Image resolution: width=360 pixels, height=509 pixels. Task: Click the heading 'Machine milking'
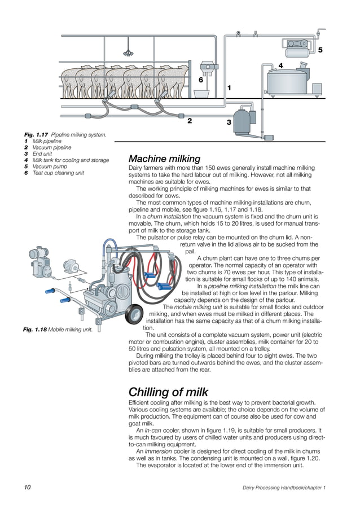[x=164, y=159]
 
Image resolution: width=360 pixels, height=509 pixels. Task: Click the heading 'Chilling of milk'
[x=168, y=392]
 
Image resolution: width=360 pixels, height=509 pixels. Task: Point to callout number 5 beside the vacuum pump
[x=320, y=50]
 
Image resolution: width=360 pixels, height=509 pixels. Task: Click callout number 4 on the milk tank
[x=280, y=66]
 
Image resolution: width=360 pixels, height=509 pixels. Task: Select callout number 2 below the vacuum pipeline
[x=190, y=120]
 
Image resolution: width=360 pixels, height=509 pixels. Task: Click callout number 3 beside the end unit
[x=229, y=122]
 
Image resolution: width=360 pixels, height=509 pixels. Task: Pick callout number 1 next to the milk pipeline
[x=229, y=88]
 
